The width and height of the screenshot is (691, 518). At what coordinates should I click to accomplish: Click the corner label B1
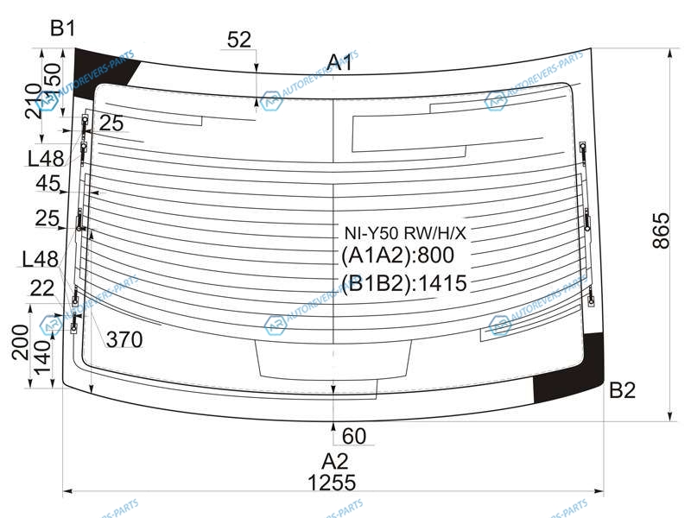(62, 28)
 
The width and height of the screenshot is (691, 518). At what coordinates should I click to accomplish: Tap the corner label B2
(622, 390)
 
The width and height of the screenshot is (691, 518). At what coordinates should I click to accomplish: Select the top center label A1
(339, 62)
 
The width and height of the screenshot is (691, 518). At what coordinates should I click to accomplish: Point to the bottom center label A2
(335, 461)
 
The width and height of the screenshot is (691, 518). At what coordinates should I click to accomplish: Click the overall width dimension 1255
(332, 483)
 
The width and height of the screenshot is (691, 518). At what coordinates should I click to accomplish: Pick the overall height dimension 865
(661, 231)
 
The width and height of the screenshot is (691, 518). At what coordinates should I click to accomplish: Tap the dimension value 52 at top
(239, 40)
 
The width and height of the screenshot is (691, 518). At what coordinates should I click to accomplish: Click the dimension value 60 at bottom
(353, 436)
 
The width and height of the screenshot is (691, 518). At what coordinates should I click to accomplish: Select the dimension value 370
(124, 339)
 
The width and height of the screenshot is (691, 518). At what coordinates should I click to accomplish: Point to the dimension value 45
(48, 183)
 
